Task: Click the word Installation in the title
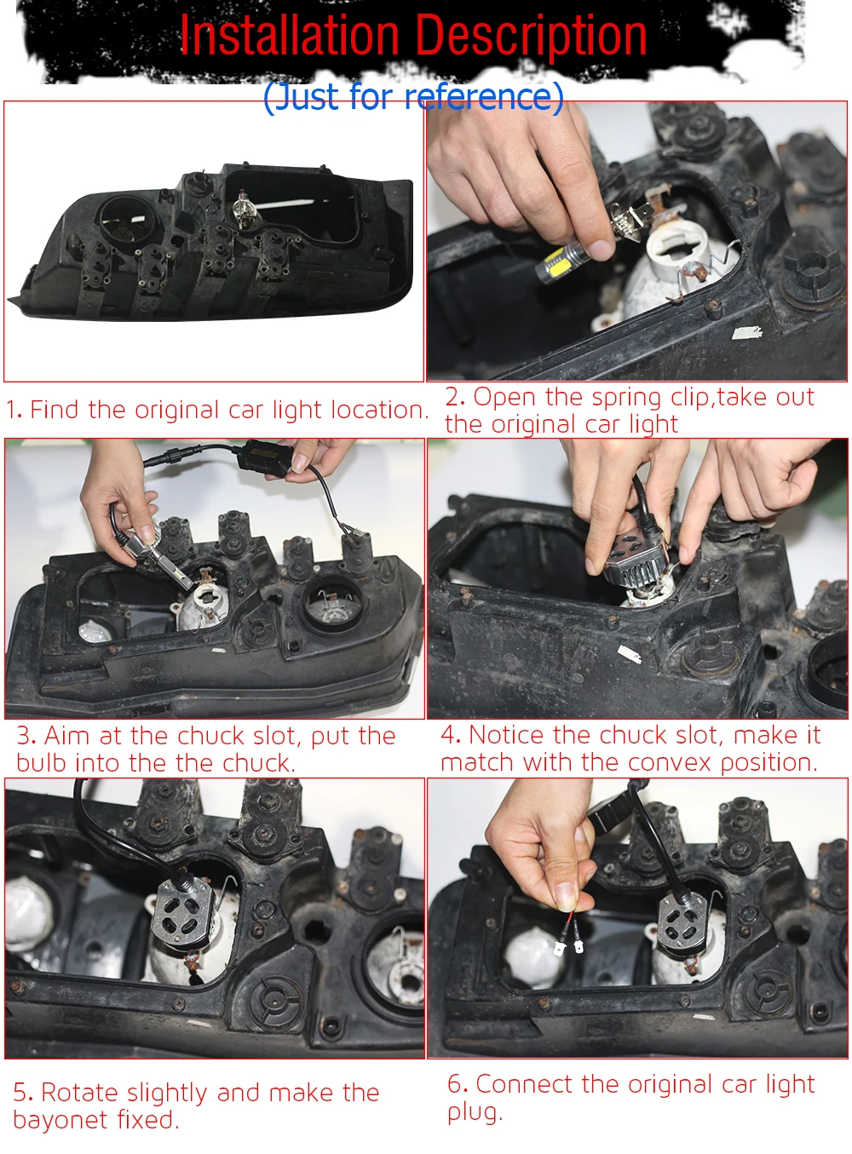click(290, 35)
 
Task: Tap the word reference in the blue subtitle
click(478, 96)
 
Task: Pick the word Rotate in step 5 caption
click(80, 1092)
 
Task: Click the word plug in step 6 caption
click(475, 1114)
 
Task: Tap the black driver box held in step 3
click(263, 457)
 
